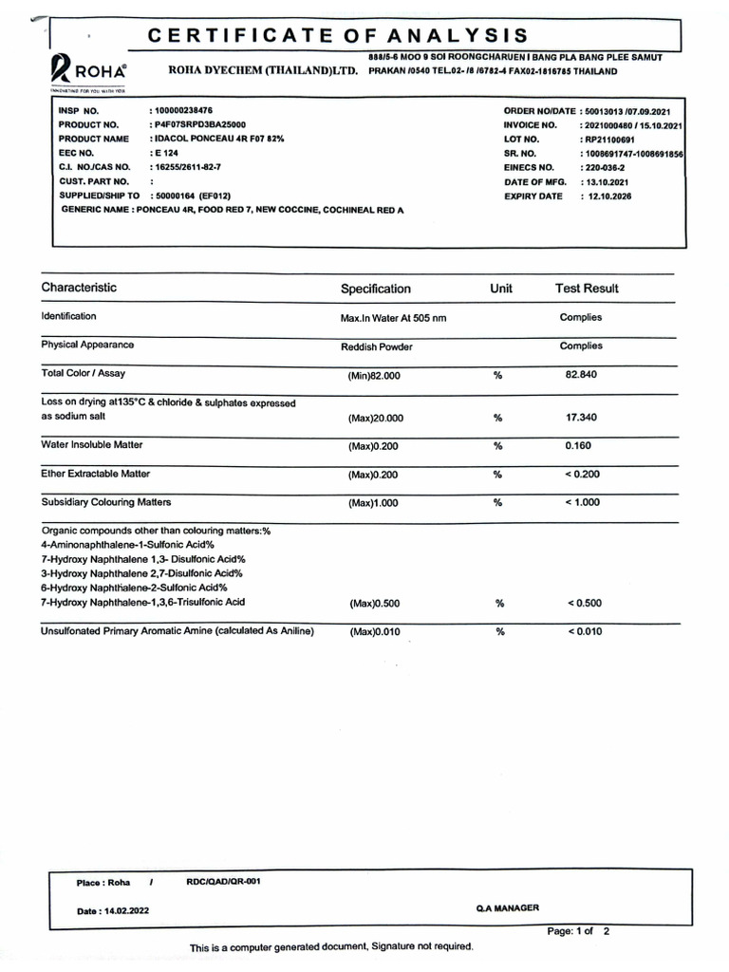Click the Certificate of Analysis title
[337, 36]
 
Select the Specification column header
[376, 289]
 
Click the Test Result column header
[587, 288]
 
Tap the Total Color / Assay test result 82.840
[581, 375]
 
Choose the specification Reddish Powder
[376, 346]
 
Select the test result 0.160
[579, 444]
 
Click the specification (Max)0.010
[376, 632]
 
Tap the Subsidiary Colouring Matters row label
[105, 501]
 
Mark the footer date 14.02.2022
[112, 911]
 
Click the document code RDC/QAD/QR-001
[224, 881]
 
